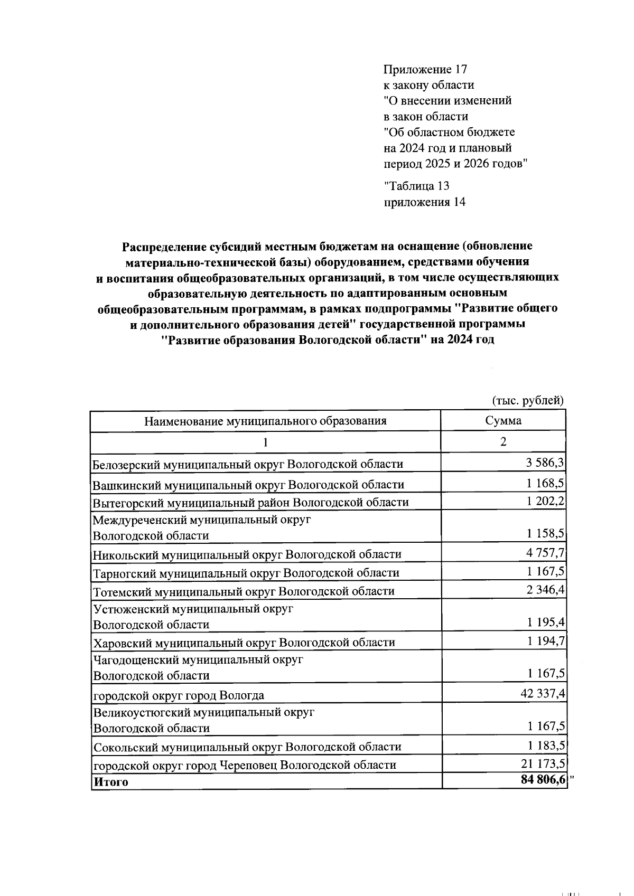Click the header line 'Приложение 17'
click(x=425, y=69)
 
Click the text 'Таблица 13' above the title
click(x=417, y=186)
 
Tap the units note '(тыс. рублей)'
click(x=528, y=401)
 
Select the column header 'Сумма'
click(x=503, y=421)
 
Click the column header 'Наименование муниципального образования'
click(x=265, y=421)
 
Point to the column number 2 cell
click(x=503, y=442)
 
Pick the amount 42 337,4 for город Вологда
click(x=543, y=693)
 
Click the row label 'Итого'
click(x=110, y=782)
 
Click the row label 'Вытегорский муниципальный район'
click(x=250, y=502)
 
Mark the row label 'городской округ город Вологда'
click(x=179, y=695)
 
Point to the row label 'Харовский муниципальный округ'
click(x=244, y=643)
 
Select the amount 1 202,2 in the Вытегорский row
click(x=545, y=501)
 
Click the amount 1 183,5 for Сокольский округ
click(x=545, y=745)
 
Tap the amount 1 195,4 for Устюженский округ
click(x=545, y=623)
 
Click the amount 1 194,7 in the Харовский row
click(x=545, y=641)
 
